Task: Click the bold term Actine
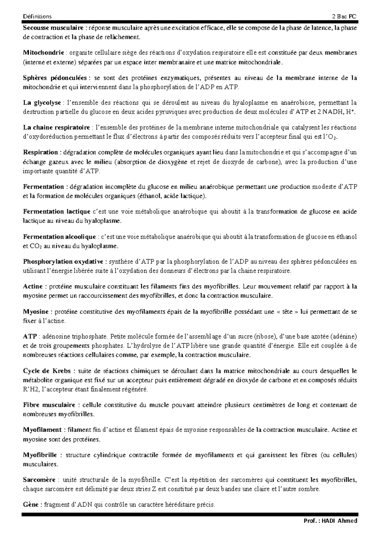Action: click(33, 287)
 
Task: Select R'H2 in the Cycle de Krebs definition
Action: click(30, 389)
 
